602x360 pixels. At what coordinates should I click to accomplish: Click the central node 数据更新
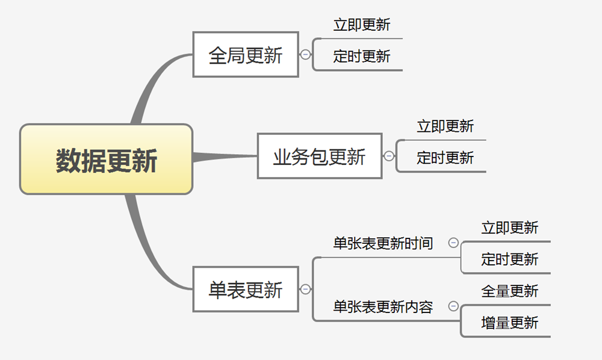tap(106, 160)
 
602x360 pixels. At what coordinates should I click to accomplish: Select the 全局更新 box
tap(246, 55)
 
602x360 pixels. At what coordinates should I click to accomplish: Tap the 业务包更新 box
tap(320, 156)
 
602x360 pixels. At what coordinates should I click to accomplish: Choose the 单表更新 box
tap(246, 290)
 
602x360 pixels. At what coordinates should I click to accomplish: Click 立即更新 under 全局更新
tap(362, 25)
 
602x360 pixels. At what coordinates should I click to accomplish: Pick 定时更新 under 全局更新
tap(362, 57)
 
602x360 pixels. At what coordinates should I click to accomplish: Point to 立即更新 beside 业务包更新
tap(445, 126)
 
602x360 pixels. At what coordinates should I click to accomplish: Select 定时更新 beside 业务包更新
tap(445, 158)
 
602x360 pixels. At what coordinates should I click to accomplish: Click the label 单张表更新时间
tap(383, 243)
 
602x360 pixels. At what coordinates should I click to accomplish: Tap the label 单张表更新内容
tap(383, 307)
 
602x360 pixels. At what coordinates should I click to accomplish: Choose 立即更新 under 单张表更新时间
tap(510, 228)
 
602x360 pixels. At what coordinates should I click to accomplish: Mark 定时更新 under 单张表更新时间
tap(510, 259)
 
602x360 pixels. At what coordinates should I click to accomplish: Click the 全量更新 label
tap(510, 291)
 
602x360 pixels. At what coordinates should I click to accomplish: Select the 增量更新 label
tap(510, 323)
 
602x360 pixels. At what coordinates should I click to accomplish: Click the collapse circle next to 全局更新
tap(306, 55)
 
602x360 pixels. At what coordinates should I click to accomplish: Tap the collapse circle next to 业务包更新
tap(389, 156)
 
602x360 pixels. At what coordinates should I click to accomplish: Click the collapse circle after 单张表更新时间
tap(453, 243)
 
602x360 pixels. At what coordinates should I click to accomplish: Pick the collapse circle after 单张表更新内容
tap(453, 307)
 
